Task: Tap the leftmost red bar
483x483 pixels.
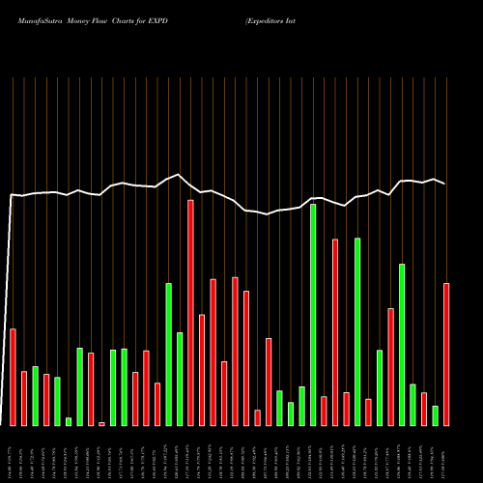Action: coord(14,377)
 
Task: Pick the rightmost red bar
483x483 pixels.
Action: coord(446,354)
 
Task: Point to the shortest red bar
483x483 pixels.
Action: coord(101,423)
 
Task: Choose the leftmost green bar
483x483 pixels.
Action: coord(36,395)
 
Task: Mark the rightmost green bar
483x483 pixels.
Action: coord(436,415)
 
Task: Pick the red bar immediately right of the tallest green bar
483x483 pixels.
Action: coord(324,411)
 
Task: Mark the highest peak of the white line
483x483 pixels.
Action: coord(178,175)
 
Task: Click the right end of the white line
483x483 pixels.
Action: coord(445,184)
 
